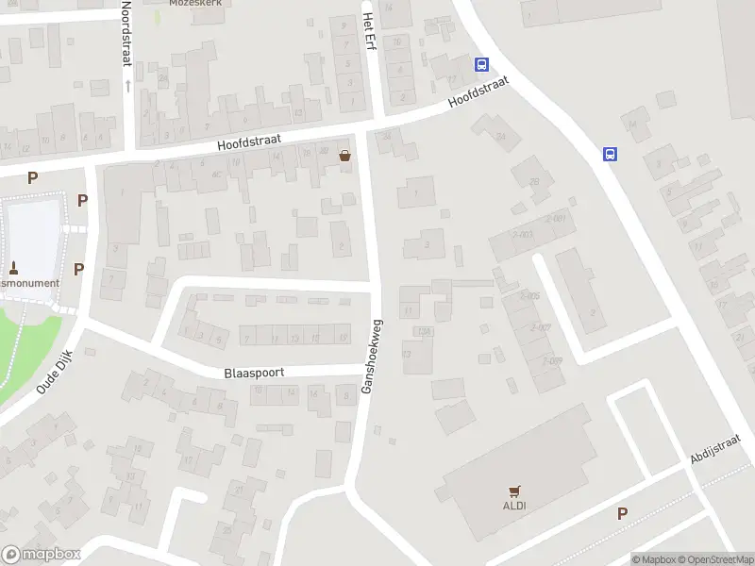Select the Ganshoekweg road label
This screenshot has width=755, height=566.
tap(372, 356)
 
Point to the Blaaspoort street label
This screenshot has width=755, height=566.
tap(254, 373)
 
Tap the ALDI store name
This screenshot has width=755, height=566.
tap(514, 506)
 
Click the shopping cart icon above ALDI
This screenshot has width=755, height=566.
tap(514, 491)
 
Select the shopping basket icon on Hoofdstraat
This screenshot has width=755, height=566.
tap(345, 157)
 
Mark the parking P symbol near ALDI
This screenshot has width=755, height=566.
tap(622, 513)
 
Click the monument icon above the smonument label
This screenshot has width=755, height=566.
tap(13, 267)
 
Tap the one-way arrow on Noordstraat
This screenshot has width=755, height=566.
tap(127, 86)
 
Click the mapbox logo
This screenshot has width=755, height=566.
tap(42, 555)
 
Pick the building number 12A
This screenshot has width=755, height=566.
tap(424, 330)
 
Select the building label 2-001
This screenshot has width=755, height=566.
tap(556, 220)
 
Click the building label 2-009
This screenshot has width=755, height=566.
tap(552, 360)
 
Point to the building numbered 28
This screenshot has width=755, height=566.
tap(534, 182)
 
